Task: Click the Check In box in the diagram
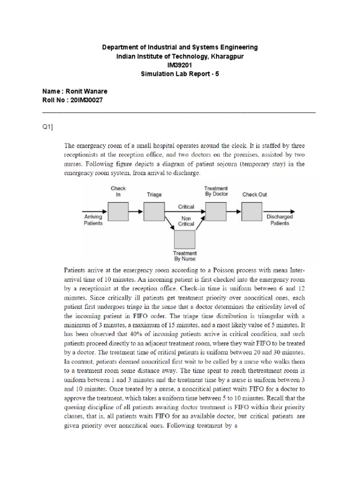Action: tap(118, 211)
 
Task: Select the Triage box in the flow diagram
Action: tap(155, 211)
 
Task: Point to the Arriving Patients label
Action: tap(93, 220)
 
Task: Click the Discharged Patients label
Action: tap(279, 220)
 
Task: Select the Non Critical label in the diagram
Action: tap(186, 221)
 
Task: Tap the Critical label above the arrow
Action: tap(186, 206)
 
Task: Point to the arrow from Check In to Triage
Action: tap(136, 211)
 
